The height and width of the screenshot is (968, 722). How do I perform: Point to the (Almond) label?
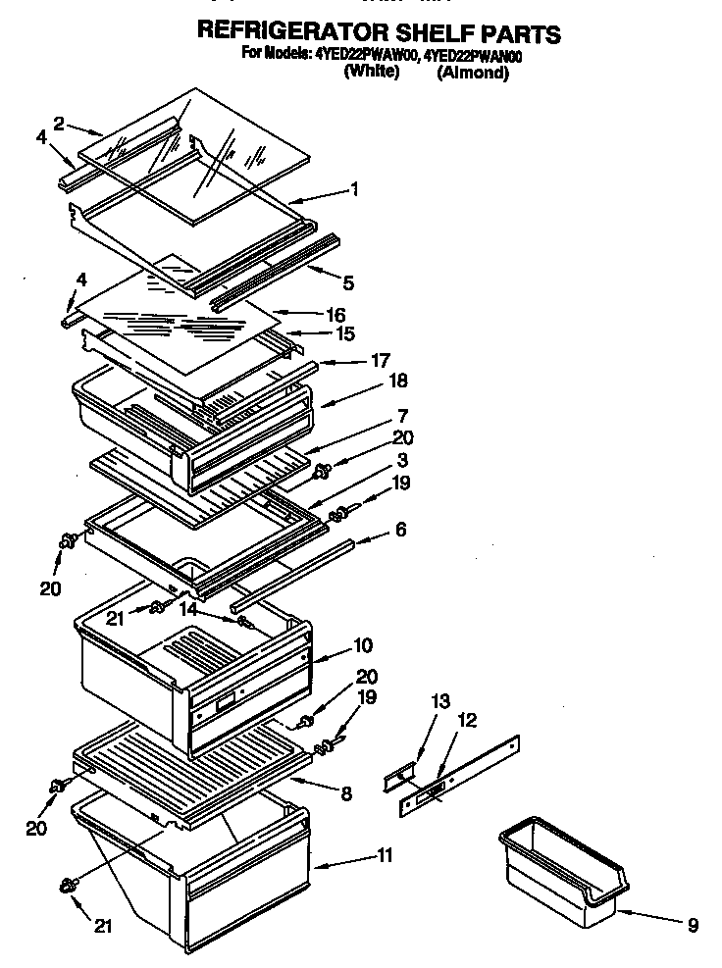(472, 73)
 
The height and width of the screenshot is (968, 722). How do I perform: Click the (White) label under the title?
(371, 72)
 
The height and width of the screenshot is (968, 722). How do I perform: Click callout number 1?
(354, 190)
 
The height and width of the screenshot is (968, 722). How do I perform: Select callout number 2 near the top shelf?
(60, 124)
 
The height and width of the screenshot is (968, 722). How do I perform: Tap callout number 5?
(349, 283)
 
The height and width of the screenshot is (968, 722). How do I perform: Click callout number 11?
(384, 856)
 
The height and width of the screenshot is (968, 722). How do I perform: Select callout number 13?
(439, 700)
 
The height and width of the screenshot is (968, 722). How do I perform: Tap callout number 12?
(468, 721)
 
